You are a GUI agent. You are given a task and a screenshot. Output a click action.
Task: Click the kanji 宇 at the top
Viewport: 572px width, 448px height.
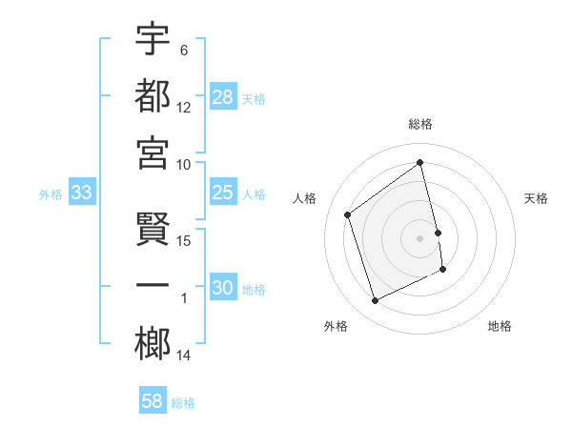pyautogui.click(x=153, y=39)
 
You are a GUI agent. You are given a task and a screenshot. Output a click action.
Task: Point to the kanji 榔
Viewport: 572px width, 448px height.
pyautogui.click(x=153, y=343)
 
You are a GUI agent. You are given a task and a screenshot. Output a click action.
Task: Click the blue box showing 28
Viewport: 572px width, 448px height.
pyautogui.click(x=223, y=97)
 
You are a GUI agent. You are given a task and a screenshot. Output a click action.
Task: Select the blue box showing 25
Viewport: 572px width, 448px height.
pyautogui.click(x=223, y=193)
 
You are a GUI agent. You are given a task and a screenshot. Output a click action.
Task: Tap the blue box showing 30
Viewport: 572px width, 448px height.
pyautogui.click(x=223, y=289)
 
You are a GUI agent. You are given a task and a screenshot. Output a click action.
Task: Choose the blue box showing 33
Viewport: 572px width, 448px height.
pyautogui.click(x=82, y=193)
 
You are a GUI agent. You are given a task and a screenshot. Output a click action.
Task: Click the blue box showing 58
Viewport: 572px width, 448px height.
pyautogui.click(x=153, y=401)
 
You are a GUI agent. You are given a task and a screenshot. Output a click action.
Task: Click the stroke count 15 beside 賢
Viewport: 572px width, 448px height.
pyautogui.click(x=185, y=241)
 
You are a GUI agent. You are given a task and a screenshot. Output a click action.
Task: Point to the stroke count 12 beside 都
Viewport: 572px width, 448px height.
pyautogui.click(x=185, y=108)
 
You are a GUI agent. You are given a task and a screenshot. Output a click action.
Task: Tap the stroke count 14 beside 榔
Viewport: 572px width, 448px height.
pyautogui.click(x=185, y=356)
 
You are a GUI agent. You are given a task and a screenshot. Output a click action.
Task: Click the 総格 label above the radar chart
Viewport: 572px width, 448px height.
pyautogui.click(x=420, y=124)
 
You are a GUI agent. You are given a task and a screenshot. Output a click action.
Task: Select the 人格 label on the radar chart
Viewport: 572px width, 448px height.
pyautogui.click(x=305, y=199)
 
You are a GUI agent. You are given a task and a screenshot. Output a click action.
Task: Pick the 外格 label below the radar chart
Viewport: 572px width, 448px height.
pyautogui.click(x=336, y=326)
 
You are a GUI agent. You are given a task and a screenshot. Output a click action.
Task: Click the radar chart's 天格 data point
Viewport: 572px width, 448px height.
pyautogui.click(x=439, y=232)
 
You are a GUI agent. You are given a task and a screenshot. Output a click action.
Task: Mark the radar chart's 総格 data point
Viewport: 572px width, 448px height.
pyautogui.click(x=420, y=162)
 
